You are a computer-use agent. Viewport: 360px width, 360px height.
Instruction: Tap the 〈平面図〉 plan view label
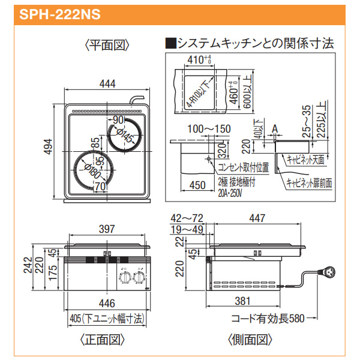click(x=107, y=46)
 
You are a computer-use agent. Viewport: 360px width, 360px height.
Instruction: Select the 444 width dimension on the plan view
click(x=107, y=85)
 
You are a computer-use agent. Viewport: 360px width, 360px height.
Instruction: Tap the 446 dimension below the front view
click(x=106, y=304)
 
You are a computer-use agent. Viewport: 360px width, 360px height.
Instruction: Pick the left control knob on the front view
click(x=125, y=278)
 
